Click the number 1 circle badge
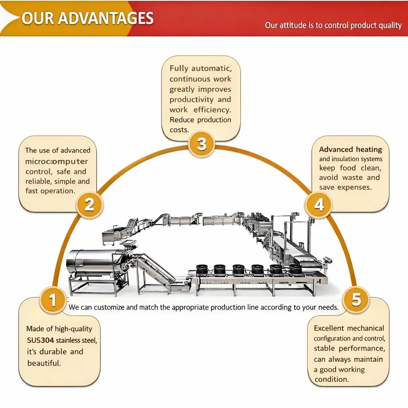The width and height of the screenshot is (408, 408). [x=53, y=300]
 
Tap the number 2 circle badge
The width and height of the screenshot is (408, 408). [x=90, y=204]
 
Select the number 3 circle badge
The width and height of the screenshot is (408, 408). [x=202, y=144]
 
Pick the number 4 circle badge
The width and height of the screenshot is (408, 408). [x=319, y=204]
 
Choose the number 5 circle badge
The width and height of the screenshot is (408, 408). [x=356, y=299]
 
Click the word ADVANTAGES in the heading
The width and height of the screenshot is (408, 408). [x=106, y=18]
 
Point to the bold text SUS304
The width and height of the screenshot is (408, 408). [x=40, y=340]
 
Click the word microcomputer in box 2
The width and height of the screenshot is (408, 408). [x=57, y=161]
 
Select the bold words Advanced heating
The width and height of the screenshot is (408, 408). [x=351, y=149]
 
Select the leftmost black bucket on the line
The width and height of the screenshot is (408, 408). [x=201, y=269]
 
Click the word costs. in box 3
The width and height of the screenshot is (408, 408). [x=179, y=130]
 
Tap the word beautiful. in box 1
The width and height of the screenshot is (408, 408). [x=44, y=363]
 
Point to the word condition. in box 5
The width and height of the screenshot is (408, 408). [x=331, y=379]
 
